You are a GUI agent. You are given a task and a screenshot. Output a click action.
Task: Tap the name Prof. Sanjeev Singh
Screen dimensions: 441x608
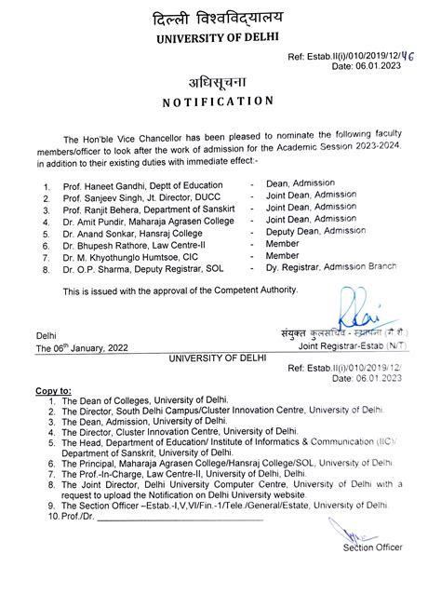click(x=100, y=198)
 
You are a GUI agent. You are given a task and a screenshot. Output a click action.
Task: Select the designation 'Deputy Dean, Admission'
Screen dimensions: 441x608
click(x=315, y=230)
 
